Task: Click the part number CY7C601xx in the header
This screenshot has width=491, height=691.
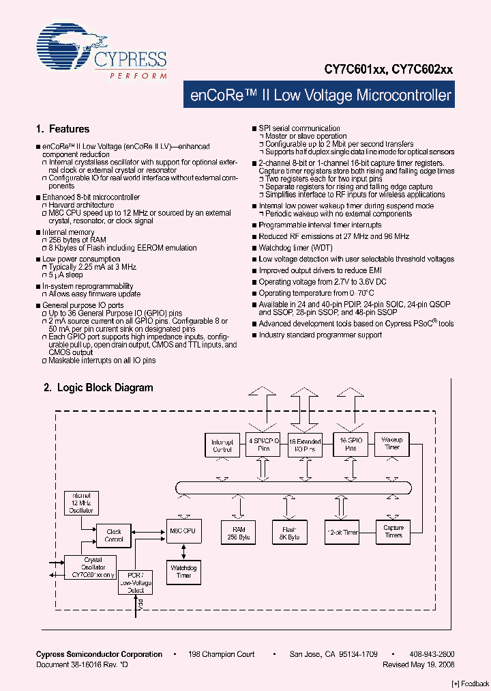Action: [x=356, y=69]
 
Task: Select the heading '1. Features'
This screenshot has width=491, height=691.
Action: [x=62, y=129]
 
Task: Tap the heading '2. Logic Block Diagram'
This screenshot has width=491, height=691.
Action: [x=98, y=387]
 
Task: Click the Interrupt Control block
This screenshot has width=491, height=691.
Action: [x=223, y=445]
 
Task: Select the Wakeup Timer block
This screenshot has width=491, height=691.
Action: [x=392, y=443]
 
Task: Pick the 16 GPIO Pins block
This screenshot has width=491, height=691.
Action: [x=350, y=445]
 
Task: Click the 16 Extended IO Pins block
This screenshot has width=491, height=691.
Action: [x=305, y=446]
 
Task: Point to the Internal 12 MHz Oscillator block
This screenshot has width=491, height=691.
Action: [x=80, y=503]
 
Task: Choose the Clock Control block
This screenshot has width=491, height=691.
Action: [x=114, y=535]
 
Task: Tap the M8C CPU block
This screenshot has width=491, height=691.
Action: [x=183, y=531]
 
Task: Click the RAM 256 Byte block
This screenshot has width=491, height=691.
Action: [x=238, y=533]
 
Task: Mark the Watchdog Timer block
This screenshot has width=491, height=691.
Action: [x=183, y=572]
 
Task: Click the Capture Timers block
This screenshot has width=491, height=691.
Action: [x=393, y=531]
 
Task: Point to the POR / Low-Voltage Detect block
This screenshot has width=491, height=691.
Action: [x=135, y=582]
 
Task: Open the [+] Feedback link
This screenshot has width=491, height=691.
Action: [x=471, y=683]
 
